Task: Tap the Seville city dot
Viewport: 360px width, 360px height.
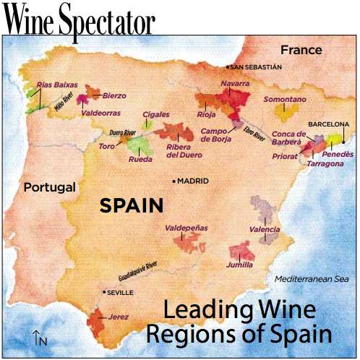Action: [x=103, y=292]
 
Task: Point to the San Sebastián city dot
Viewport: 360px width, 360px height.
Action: [x=228, y=67]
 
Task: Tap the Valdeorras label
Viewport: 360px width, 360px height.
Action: [x=100, y=113]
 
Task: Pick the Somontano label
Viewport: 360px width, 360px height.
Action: [x=285, y=98]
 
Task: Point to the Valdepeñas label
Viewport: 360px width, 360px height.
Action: [x=187, y=228]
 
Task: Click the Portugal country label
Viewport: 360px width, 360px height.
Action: [x=49, y=187]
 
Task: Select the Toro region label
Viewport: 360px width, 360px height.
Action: [x=106, y=146]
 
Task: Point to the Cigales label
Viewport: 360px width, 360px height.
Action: [x=156, y=114]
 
